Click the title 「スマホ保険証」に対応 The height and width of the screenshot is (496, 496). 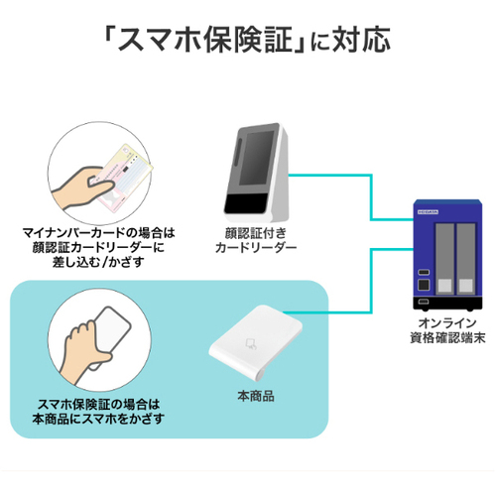246,40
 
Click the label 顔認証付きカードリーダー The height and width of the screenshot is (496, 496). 256,241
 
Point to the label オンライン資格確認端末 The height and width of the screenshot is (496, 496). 447,330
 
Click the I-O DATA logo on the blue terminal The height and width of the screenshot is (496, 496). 428,211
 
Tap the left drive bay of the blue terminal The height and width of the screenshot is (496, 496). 444,259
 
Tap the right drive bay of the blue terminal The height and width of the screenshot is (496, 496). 466,259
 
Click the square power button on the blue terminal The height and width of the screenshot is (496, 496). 424,285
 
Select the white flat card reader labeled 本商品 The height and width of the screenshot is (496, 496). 255,342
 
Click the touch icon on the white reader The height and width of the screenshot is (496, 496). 251,344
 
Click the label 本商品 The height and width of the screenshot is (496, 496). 256,396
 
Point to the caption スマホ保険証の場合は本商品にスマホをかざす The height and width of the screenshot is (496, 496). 98,412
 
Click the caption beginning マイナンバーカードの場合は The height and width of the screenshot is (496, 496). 98,248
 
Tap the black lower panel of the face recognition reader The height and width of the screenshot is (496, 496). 246,203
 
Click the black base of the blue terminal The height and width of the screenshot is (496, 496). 447,304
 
